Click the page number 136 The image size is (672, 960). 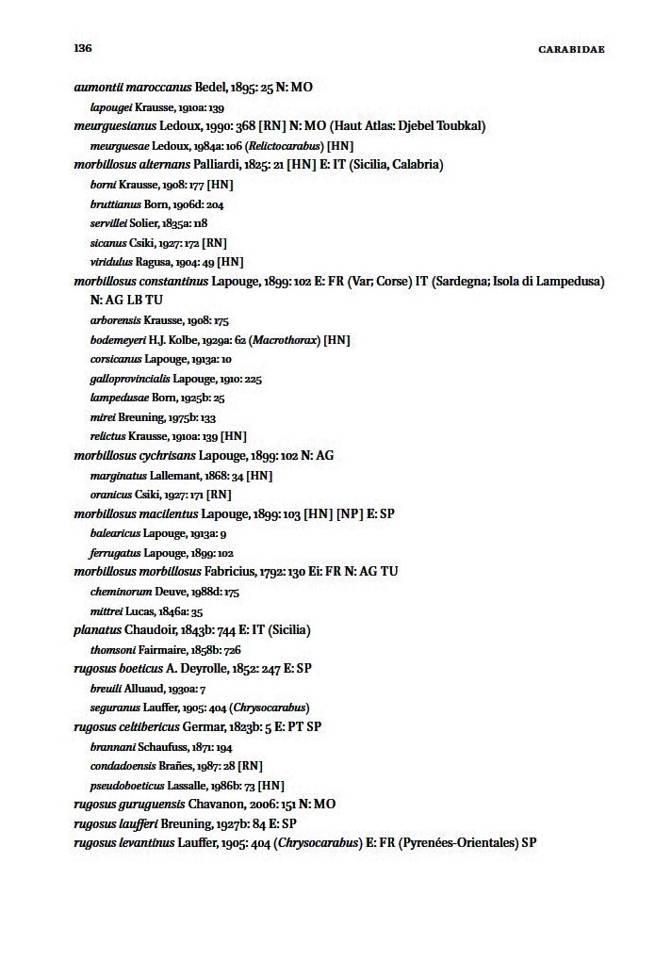[x=82, y=47]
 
